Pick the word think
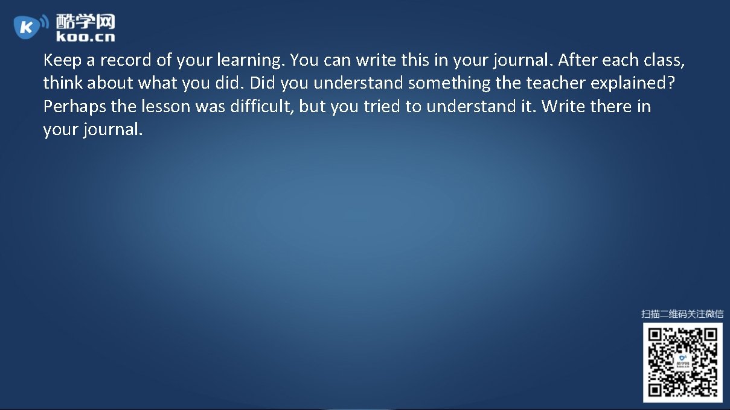63,83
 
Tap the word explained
632,83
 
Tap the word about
110,83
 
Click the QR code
682,362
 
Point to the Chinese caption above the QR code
682,314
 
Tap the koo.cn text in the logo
85,37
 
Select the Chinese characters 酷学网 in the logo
85,22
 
